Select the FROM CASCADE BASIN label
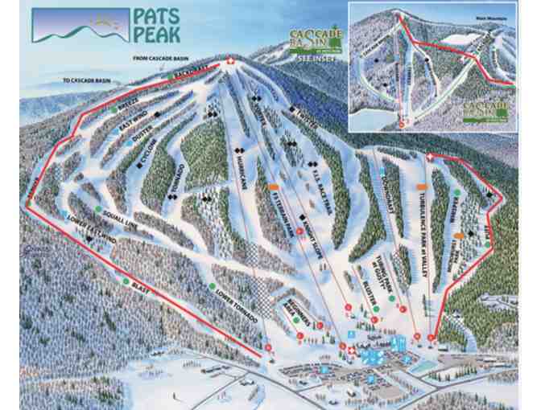[162, 59]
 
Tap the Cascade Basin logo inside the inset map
[485, 109]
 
